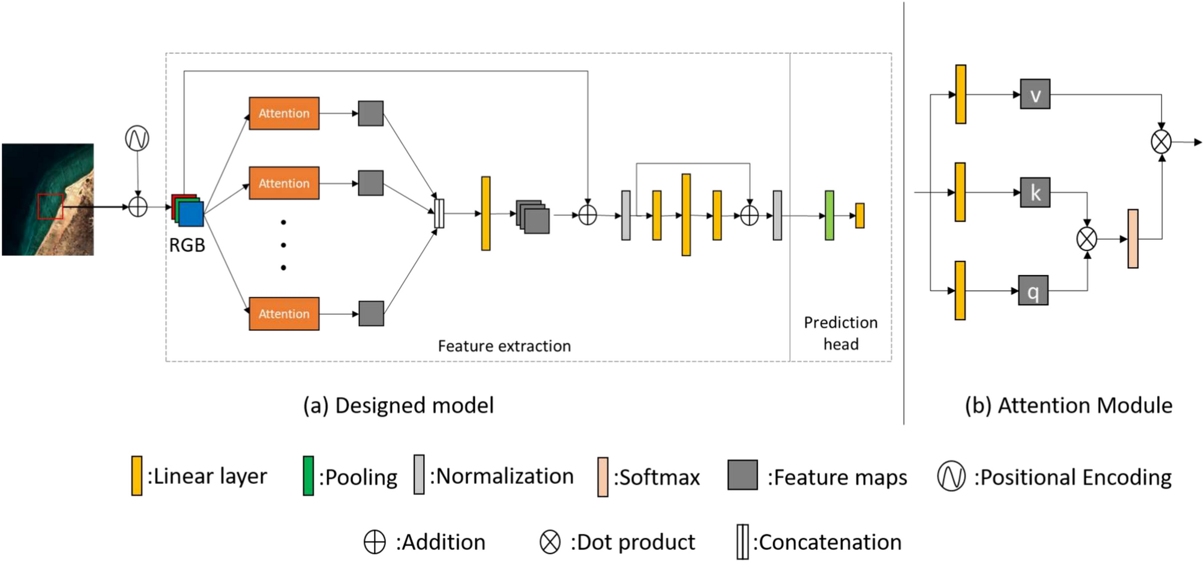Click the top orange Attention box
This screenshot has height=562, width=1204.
click(x=284, y=113)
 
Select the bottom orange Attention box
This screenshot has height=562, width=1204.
click(x=284, y=313)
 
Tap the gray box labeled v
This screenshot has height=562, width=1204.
click(x=1035, y=94)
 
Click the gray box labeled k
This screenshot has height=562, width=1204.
click(x=1035, y=193)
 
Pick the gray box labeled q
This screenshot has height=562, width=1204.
click(x=1033, y=291)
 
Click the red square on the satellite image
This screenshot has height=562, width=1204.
click(x=50, y=207)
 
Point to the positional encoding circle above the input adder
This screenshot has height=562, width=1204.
click(x=137, y=139)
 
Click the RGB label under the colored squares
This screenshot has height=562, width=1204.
click(x=187, y=246)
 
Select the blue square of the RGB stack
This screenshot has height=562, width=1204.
click(x=191, y=214)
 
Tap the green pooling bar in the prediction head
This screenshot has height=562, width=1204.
click(x=829, y=216)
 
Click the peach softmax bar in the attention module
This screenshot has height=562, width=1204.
click(x=1133, y=239)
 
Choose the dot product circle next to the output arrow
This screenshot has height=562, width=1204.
click(x=1161, y=142)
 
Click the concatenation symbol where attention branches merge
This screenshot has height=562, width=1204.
click(x=439, y=214)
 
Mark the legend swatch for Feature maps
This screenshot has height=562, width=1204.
click(x=742, y=476)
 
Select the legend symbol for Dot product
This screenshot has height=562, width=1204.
click(x=550, y=542)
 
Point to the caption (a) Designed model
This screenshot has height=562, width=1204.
click(x=399, y=406)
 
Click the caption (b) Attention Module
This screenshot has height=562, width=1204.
click(x=1068, y=406)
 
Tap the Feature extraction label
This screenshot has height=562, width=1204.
click(x=504, y=346)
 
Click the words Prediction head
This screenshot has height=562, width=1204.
click(x=840, y=333)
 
